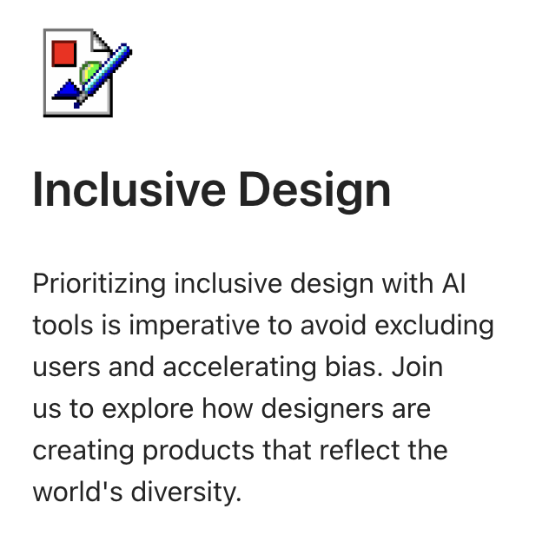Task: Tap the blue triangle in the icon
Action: point(66,89)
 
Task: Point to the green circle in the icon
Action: point(88,73)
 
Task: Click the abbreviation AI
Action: point(455,284)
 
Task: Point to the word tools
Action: point(63,326)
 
